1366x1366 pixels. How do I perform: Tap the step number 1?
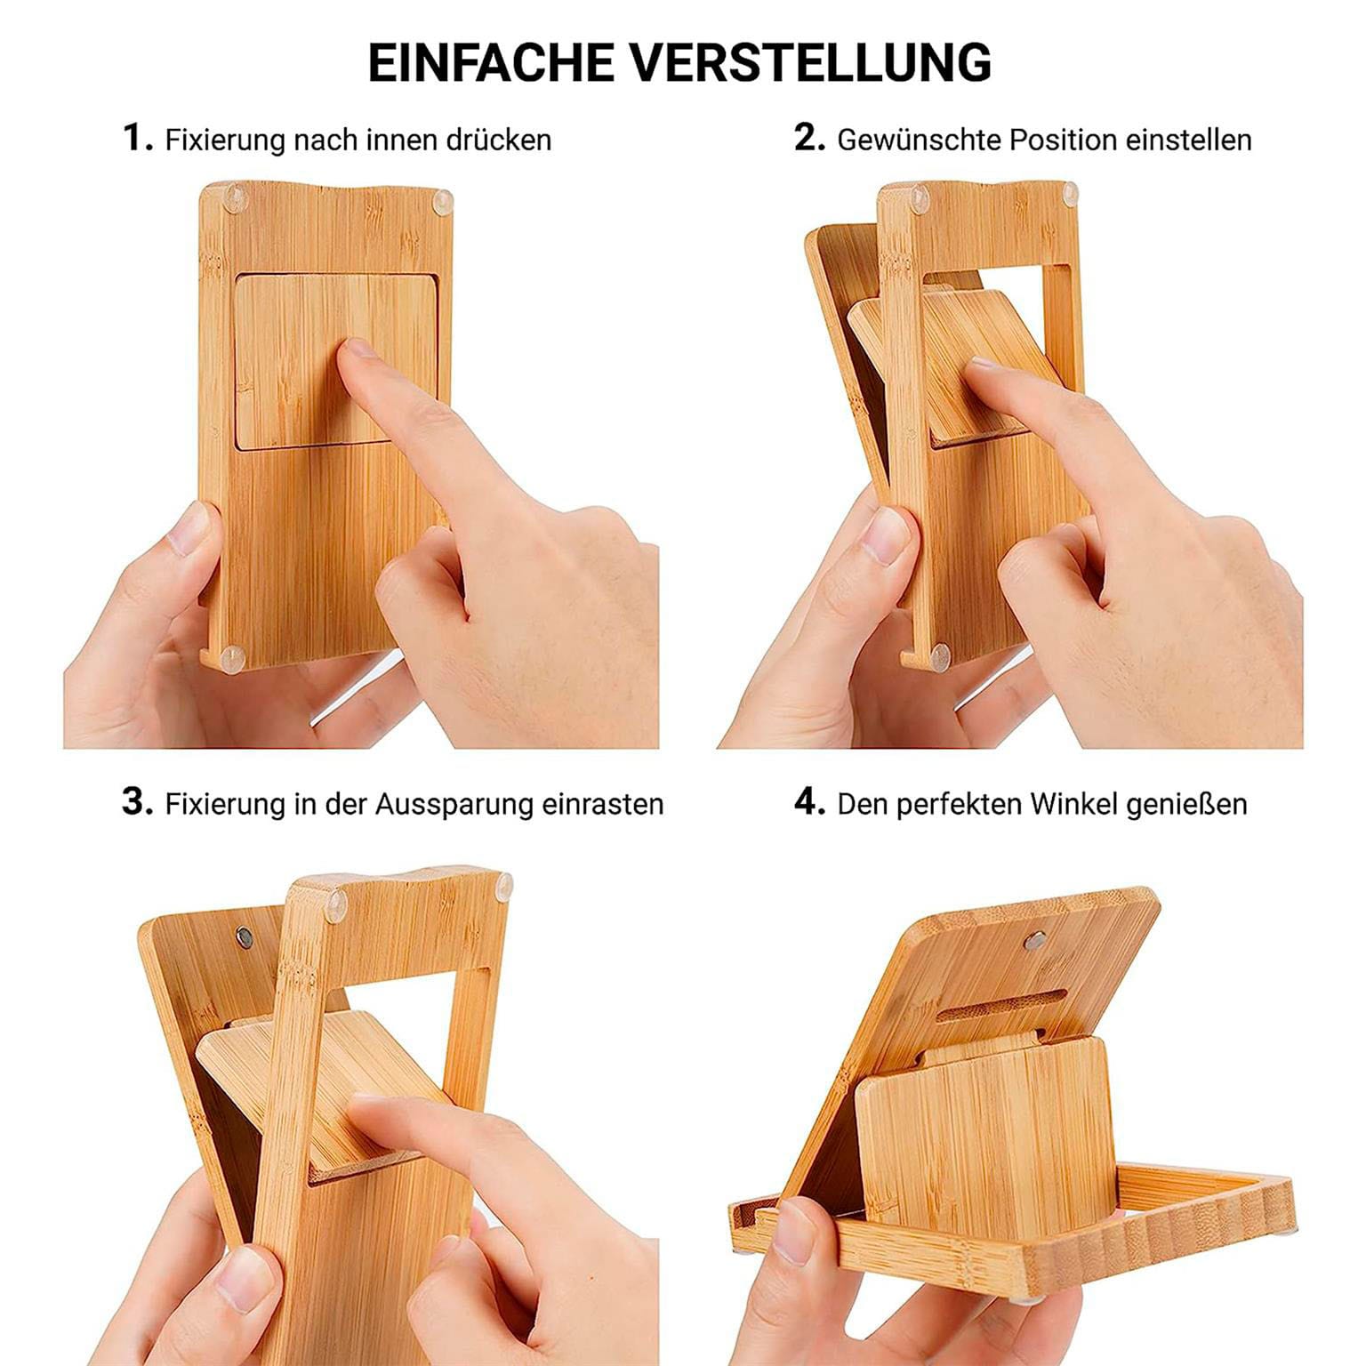coord(137,138)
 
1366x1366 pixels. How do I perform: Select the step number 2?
coord(809,138)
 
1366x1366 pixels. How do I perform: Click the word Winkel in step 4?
coord(1074,804)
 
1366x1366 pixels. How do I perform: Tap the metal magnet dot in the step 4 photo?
coord(1033,940)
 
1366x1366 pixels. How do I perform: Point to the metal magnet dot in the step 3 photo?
coord(244,937)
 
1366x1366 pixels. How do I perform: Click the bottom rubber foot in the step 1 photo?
coord(233,658)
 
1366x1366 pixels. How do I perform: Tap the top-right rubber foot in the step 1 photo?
coord(440,204)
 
